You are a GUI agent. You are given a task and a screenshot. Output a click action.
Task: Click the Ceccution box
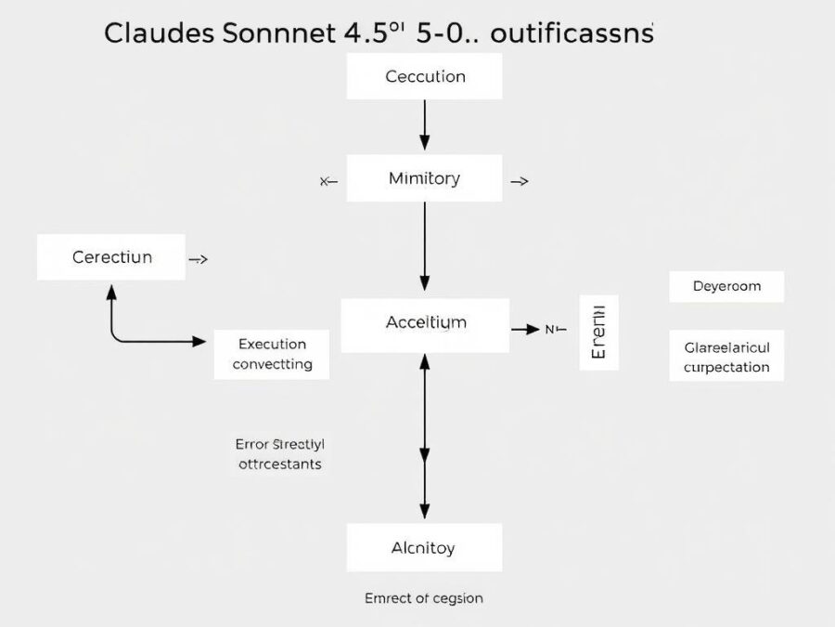click(x=424, y=76)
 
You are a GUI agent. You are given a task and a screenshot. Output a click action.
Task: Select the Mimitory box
click(x=424, y=178)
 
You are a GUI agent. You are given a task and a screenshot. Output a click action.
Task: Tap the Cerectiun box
click(x=112, y=257)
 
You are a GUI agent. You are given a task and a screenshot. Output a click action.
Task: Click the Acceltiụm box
click(x=425, y=324)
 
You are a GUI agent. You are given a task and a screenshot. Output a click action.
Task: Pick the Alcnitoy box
click(x=424, y=547)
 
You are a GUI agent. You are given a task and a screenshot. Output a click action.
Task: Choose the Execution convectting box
click(x=272, y=354)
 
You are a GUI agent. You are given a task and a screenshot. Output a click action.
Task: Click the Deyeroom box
click(x=726, y=286)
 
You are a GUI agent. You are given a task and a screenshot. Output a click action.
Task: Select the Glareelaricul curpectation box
click(x=726, y=357)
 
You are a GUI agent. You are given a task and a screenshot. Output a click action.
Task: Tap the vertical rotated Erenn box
click(x=598, y=333)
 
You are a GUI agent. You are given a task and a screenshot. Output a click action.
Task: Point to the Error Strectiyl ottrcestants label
click(x=279, y=453)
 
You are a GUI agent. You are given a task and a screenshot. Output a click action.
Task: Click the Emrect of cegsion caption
click(x=424, y=598)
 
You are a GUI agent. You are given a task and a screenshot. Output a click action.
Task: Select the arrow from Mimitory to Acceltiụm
click(x=425, y=246)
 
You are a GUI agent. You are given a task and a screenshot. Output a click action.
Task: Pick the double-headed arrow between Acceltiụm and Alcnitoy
click(x=425, y=437)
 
